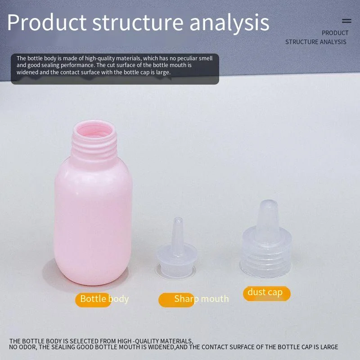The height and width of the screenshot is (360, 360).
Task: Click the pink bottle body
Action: (93, 220)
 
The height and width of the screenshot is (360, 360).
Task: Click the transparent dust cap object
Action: (265, 239)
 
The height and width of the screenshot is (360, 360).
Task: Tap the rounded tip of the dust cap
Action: (268, 203)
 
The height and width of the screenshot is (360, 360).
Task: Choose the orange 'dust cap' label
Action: (266, 293)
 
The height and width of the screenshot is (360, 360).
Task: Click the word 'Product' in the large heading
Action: (47, 22)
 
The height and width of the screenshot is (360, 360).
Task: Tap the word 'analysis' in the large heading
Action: (229, 23)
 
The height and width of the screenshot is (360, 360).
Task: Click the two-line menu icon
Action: (346, 21)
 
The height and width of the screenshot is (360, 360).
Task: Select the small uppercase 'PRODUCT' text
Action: (335, 33)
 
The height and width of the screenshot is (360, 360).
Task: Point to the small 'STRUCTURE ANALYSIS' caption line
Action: (316, 42)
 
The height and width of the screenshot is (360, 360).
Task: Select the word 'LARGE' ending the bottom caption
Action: (329, 347)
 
